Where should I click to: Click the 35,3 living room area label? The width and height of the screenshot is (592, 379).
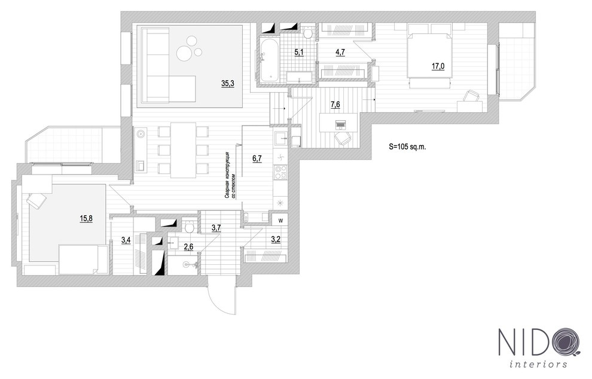(227, 84)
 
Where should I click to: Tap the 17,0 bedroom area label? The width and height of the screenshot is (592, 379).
(438, 66)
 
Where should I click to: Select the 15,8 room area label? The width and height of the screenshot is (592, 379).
(86, 218)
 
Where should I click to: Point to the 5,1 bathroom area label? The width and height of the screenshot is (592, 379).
(298, 53)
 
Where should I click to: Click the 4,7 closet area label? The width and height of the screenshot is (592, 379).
(340, 53)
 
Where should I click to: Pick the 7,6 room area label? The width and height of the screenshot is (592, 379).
(335, 104)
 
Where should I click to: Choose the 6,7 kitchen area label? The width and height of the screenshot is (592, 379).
(257, 158)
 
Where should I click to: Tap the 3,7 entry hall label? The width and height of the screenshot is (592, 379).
(216, 227)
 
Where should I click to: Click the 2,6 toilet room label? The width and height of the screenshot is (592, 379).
(188, 246)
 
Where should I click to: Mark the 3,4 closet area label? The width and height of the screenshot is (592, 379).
(126, 240)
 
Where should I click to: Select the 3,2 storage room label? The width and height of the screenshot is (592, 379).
(275, 240)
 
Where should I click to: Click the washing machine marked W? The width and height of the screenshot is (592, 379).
(280, 221)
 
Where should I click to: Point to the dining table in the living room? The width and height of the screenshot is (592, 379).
(183, 150)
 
